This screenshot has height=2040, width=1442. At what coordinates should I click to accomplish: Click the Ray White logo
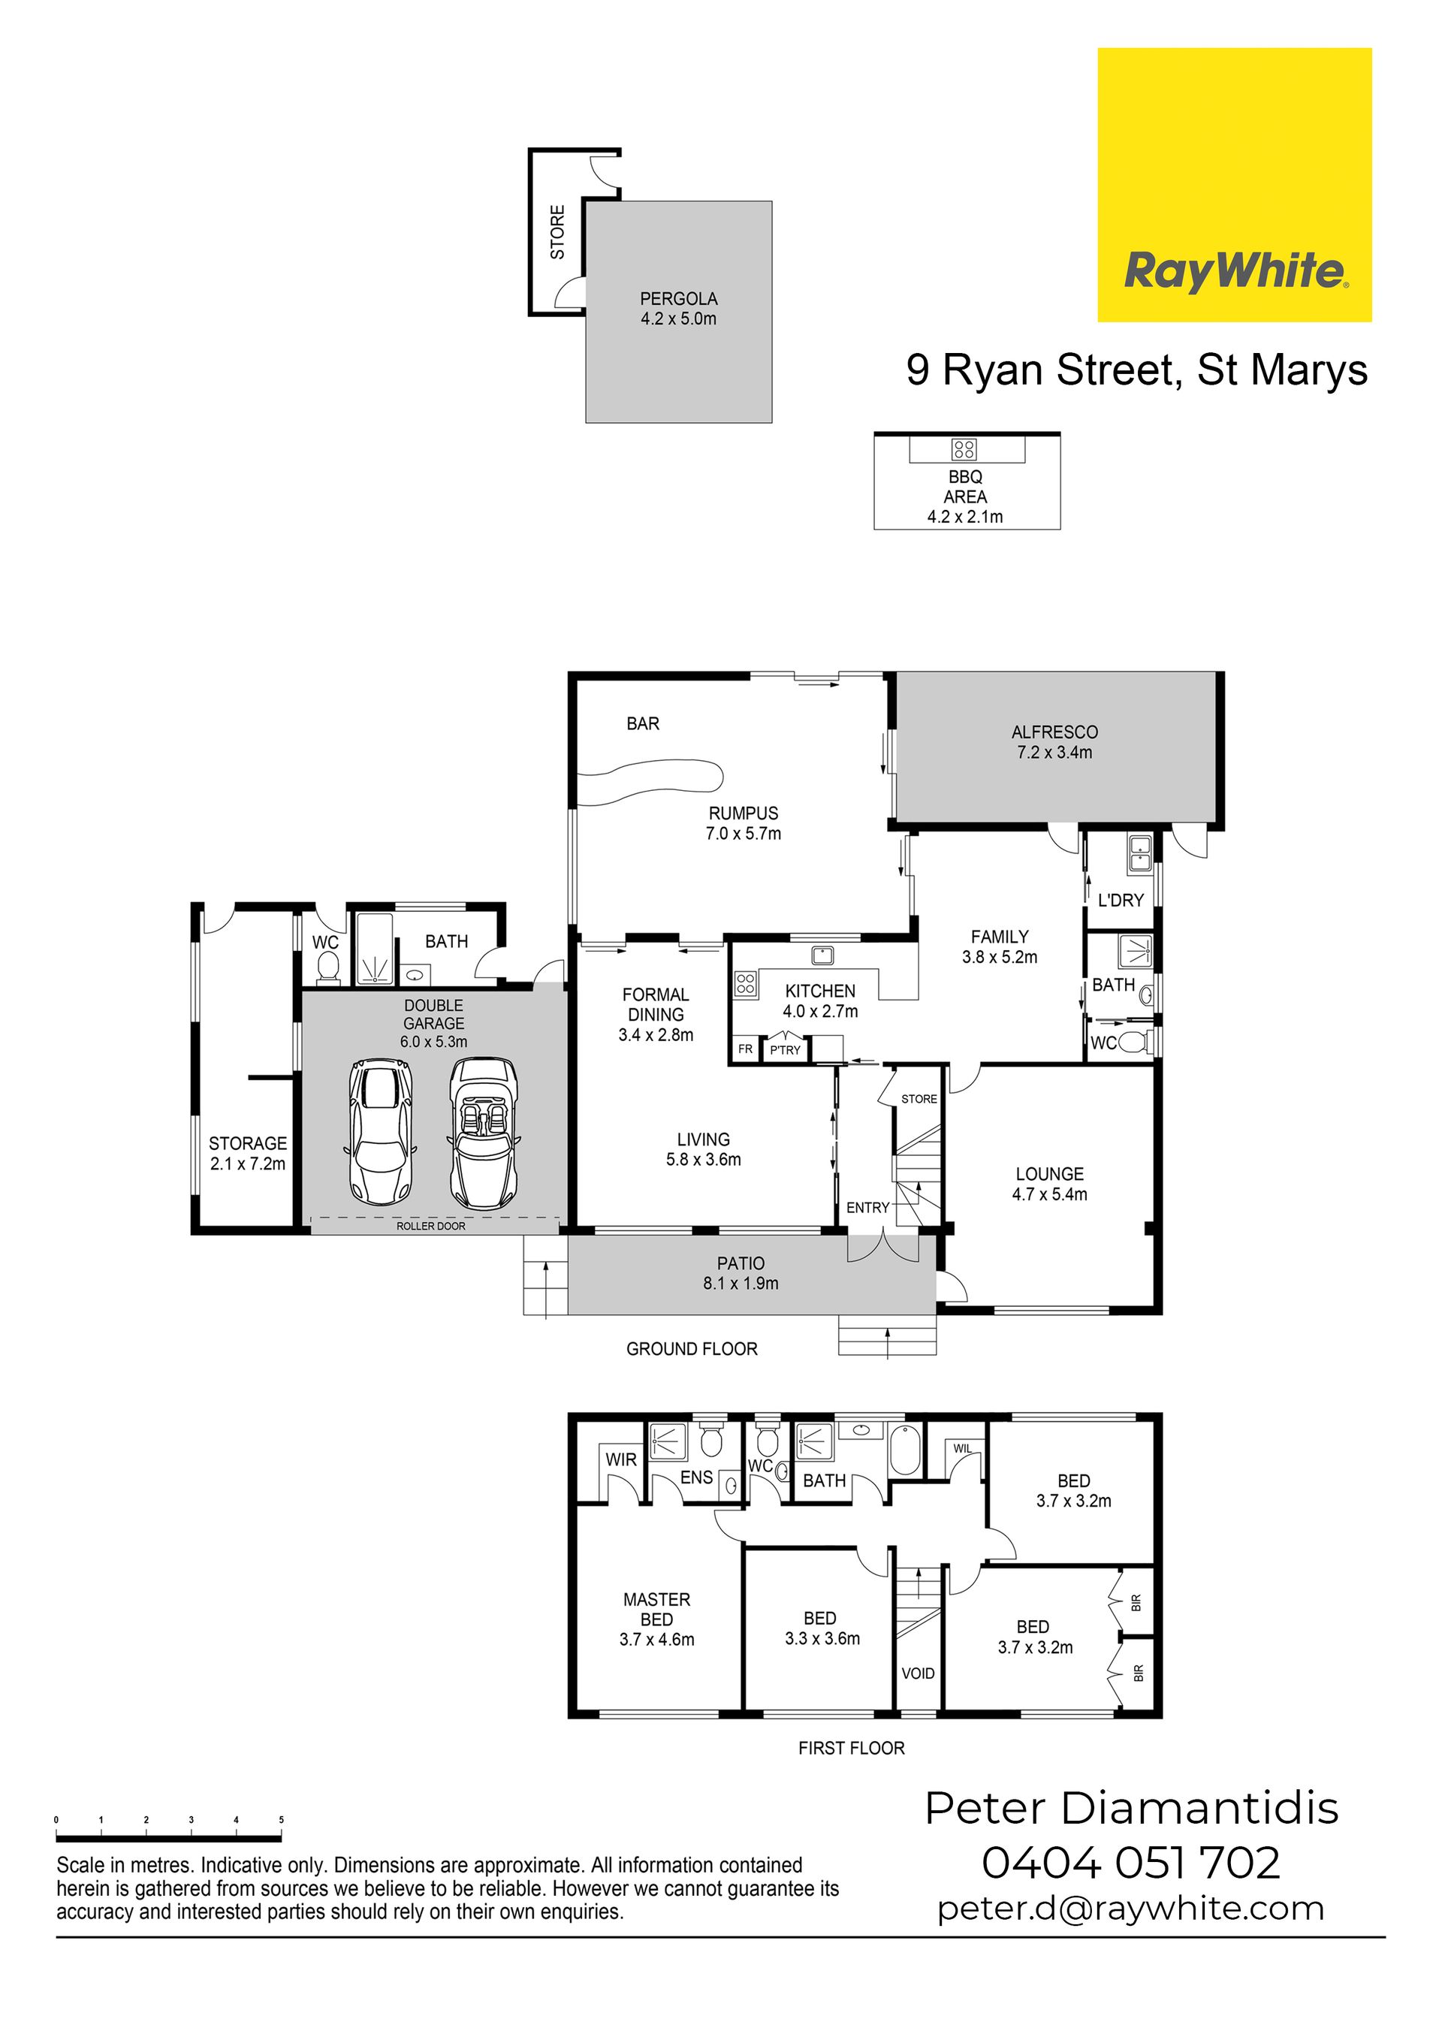pos(1234,185)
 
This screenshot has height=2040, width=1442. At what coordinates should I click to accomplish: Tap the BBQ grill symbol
pos(965,448)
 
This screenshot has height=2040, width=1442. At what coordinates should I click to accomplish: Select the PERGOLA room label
pos(679,300)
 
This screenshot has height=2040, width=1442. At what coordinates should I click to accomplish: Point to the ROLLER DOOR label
pos(431,1226)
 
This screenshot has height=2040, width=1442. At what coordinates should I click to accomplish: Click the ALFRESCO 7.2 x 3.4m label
pos(1054,742)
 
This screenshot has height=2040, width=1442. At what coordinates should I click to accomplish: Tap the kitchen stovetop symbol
pos(746,982)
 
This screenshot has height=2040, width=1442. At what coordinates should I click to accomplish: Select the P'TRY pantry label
pos(786,1050)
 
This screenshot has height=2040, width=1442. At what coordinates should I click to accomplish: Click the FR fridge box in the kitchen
pos(746,1049)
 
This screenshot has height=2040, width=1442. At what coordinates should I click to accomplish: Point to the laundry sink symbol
pos(1140,854)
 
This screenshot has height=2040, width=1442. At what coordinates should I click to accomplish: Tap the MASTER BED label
pos(656,1609)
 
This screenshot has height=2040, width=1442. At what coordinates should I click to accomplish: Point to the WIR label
pos(621,1460)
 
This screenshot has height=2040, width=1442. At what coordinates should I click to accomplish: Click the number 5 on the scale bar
pos(282,1821)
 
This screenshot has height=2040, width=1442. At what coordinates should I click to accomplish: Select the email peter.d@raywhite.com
pos(1131,1909)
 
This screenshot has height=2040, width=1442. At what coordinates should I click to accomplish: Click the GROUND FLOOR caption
pos(692,1349)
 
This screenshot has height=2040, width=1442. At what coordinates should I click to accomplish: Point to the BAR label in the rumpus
pos(643,724)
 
